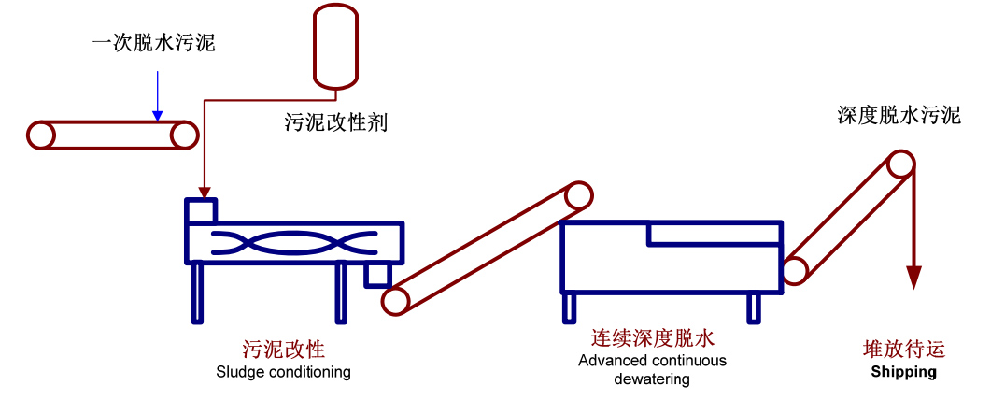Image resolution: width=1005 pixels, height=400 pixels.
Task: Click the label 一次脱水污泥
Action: tap(154, 43)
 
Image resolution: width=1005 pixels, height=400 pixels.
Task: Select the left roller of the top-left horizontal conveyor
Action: tap(41, 136)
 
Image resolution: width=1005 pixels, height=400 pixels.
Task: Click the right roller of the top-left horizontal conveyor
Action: tap(185, 136)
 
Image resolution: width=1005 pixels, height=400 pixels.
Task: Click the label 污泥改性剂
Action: tap(335, 121)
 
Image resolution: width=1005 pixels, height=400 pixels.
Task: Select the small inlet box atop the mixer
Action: tap(202, 210)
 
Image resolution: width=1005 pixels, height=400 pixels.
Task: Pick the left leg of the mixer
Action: tap(197, 292)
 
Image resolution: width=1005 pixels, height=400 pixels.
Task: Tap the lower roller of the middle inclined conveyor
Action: tap(395, 300)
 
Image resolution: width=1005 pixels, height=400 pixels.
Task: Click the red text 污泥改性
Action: tap(283, 350)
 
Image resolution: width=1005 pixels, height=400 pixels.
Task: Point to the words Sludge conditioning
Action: tap(283, 372)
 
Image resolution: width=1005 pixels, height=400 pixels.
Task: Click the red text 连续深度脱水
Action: tap(652, 338)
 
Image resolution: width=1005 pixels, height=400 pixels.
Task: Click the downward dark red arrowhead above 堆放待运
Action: tap(914, 278)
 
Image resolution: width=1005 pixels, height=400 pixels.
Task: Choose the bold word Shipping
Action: tap(903, 372)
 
